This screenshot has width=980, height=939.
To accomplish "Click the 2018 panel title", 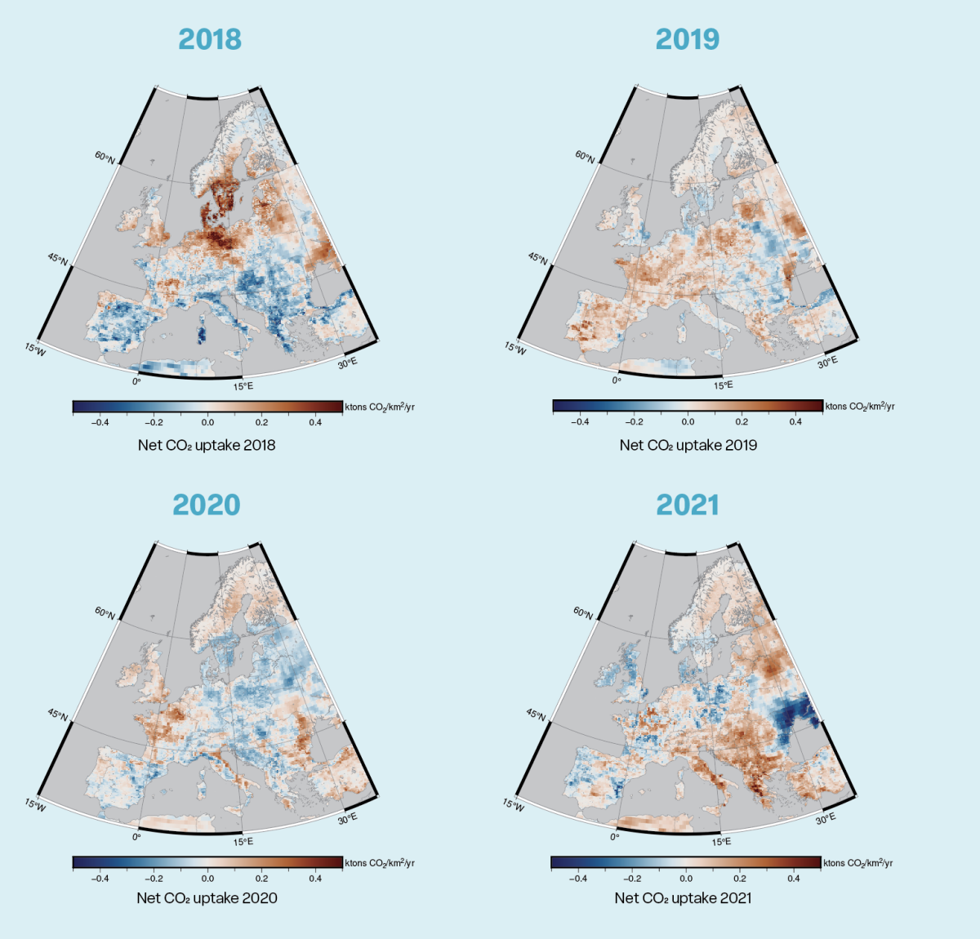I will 210,39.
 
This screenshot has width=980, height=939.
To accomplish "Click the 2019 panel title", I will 687,39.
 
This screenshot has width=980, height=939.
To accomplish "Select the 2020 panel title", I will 207,505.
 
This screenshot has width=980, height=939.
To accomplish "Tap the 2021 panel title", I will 687,505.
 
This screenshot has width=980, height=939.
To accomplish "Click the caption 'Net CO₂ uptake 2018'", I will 207,445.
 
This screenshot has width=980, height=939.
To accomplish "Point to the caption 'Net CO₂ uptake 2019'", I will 688,445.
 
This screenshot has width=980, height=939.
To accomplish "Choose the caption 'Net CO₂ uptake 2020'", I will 207,897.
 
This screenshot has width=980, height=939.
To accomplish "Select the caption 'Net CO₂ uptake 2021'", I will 683,897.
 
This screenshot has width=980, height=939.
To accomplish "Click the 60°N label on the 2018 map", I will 105,157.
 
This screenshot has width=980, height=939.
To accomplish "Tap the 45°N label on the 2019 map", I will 537,259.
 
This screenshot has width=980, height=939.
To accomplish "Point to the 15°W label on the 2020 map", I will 35,804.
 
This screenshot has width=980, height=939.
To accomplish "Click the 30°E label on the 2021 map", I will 826,818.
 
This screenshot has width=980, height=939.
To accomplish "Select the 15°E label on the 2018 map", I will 243,386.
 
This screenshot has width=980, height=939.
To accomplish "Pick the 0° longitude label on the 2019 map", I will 617,380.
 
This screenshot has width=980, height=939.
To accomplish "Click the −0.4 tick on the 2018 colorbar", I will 100,423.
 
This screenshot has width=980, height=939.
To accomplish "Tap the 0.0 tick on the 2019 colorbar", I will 688,422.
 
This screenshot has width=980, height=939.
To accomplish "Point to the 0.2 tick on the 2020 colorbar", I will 261,879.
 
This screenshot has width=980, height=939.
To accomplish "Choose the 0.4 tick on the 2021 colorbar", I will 793,879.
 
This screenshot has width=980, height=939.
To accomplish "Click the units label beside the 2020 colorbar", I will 380,863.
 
